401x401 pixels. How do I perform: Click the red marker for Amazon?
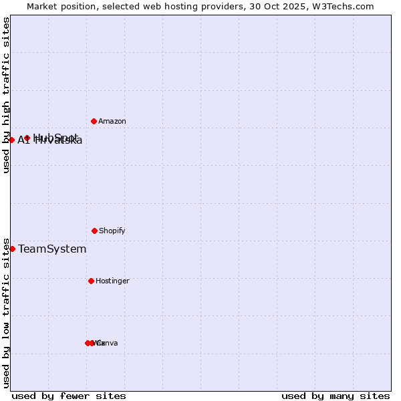pos(94,121)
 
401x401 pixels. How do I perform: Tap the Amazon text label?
pos(112,122)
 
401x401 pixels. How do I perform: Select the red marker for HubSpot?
pos(27,138)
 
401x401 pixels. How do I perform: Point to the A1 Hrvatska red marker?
pos(12,140)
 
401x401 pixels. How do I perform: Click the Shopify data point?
pos(94,231)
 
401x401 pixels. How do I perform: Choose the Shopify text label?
pos(112,231)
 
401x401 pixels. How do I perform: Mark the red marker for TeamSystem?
pos(12,249)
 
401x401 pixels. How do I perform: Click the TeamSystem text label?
pos(52,249)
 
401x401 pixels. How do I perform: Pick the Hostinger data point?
pos(91,281)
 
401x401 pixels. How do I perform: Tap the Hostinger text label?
pos(112,281)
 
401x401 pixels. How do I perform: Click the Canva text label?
pos(108,344)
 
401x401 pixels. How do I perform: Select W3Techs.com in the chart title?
pos(342,7)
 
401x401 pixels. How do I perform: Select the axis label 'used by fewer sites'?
pos(69,396)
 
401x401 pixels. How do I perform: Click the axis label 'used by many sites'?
pos(336,396)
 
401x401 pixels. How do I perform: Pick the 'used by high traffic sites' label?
pos(6,95)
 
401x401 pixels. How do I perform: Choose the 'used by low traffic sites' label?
pos(6,313)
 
